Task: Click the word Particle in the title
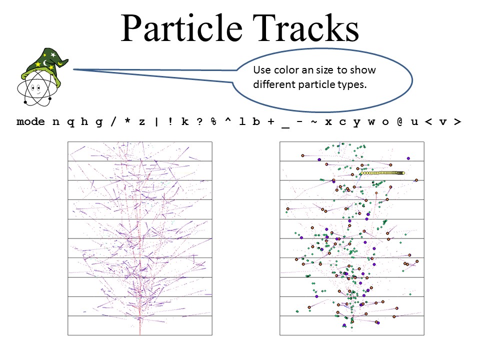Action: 182,28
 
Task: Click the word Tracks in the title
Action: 305,28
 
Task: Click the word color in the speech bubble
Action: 286,70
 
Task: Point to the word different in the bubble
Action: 274,84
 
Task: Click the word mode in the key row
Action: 30,122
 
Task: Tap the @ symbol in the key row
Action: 400,122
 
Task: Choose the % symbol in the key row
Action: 213,121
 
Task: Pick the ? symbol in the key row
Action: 199,121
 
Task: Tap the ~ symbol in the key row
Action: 314,121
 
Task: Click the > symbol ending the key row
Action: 457,122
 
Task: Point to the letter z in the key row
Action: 141,122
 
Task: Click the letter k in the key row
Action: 185,121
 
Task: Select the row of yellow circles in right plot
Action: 382,173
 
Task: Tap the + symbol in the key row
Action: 270,122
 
